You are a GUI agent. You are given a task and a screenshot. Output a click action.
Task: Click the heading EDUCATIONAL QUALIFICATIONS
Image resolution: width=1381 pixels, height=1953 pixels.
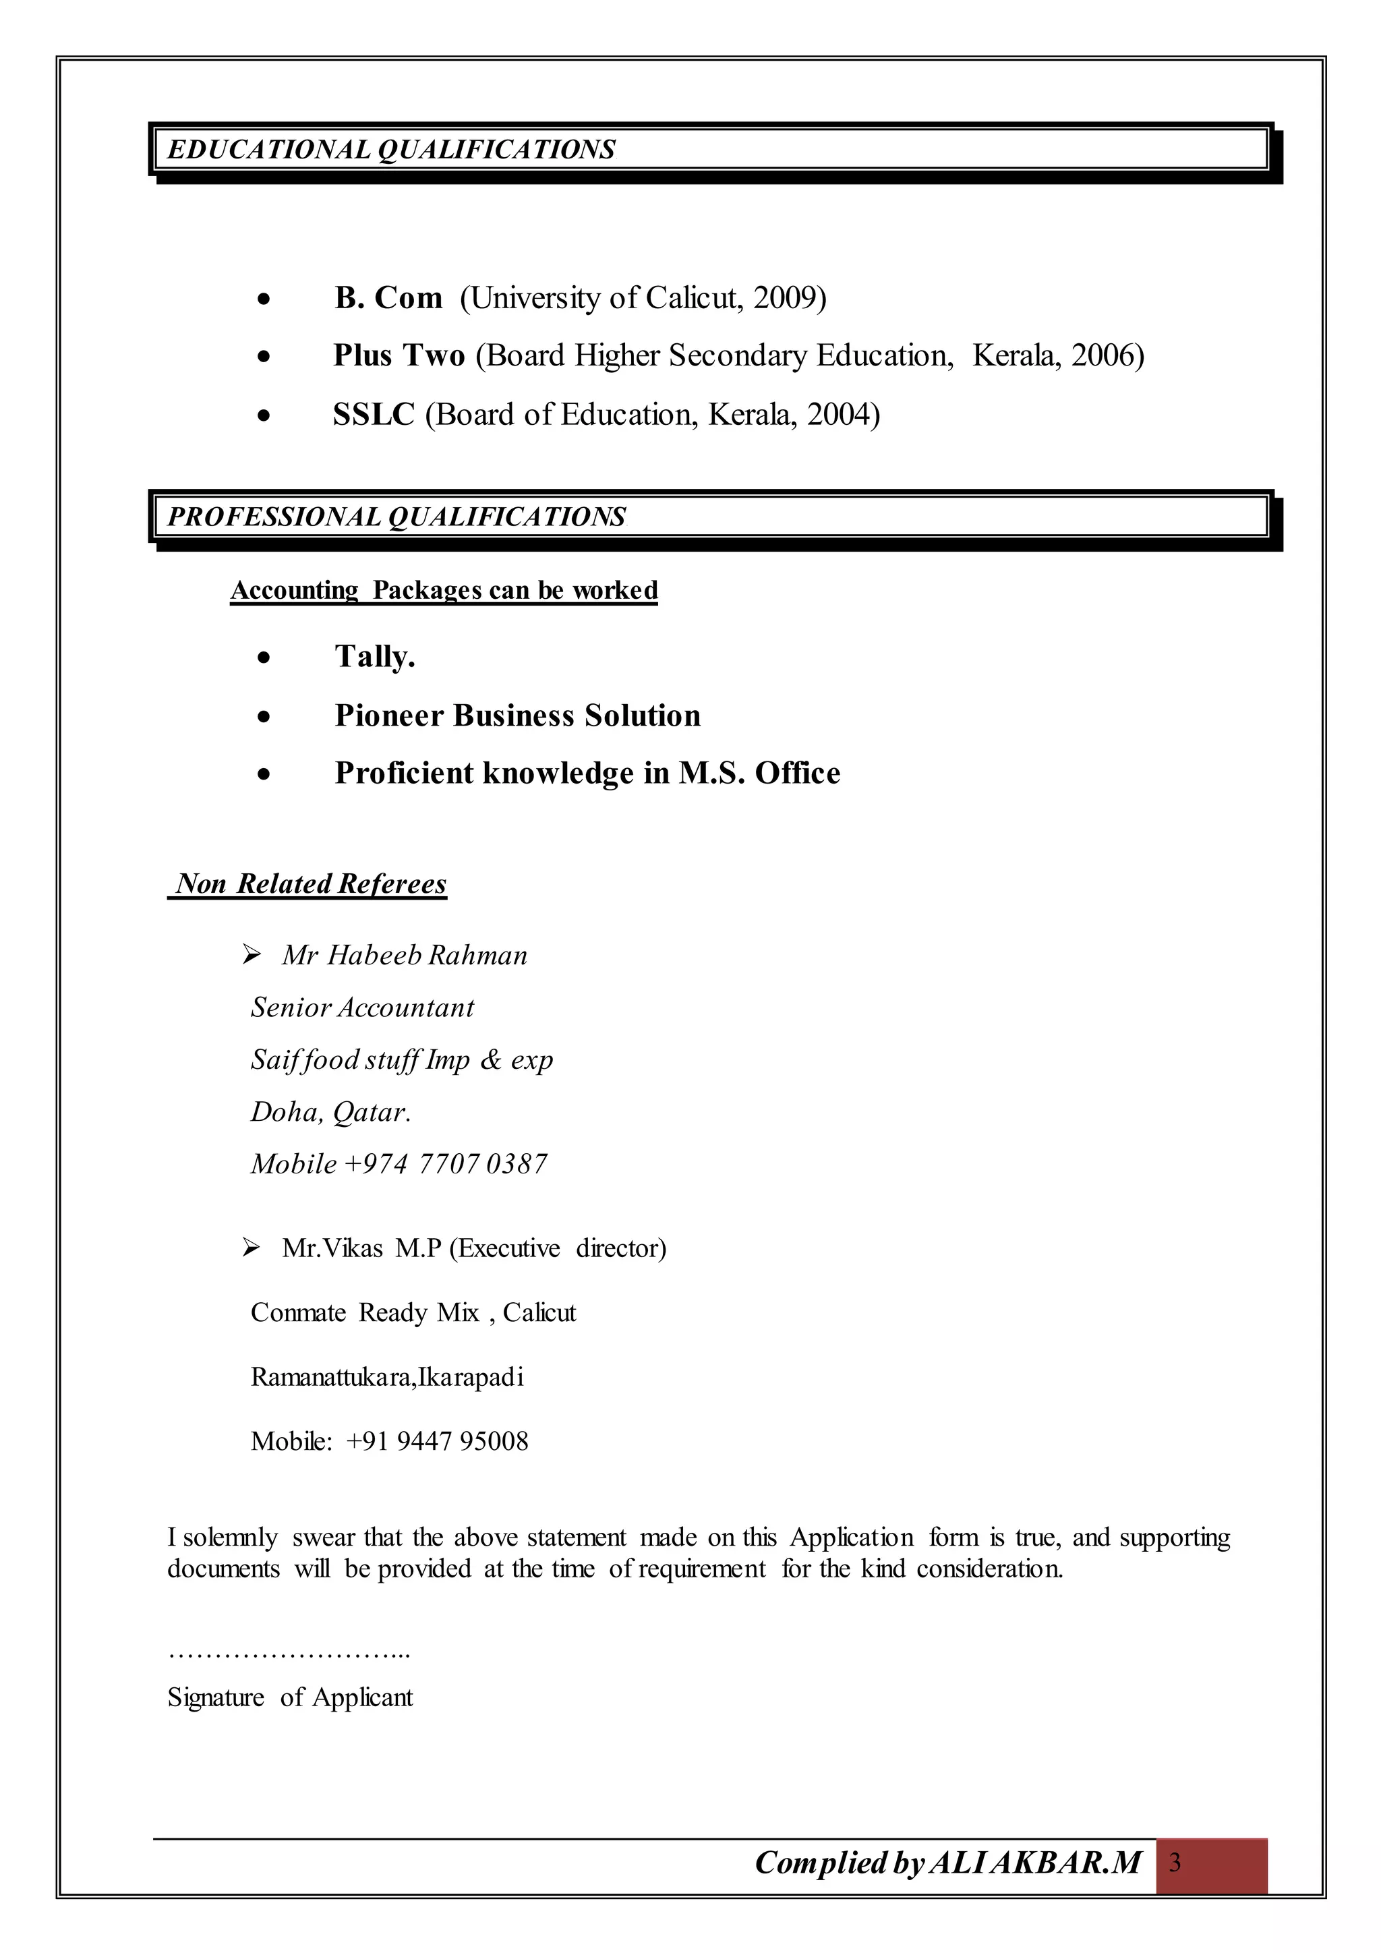point(391,150)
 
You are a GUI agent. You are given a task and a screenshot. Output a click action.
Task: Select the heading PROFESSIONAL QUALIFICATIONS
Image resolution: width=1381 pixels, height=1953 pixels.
point(396,517)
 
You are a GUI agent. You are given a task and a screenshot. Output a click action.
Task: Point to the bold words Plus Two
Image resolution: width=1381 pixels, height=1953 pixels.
point(399,355)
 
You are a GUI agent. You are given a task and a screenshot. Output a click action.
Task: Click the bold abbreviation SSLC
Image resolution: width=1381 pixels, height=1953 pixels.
point(374,415)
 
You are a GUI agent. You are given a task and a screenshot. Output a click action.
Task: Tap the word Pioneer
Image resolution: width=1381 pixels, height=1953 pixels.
point(388,716)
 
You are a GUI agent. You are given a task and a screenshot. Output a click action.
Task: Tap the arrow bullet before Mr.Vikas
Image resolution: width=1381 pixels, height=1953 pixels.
point(251,1248)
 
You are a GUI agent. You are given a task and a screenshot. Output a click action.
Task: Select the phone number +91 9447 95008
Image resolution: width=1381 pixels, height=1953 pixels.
point(437,1441)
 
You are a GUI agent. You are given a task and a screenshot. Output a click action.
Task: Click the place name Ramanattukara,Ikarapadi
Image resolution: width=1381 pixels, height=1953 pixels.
point(387,1377)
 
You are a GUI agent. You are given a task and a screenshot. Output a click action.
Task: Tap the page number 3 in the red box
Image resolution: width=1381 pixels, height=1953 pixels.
point(1175,1863)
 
